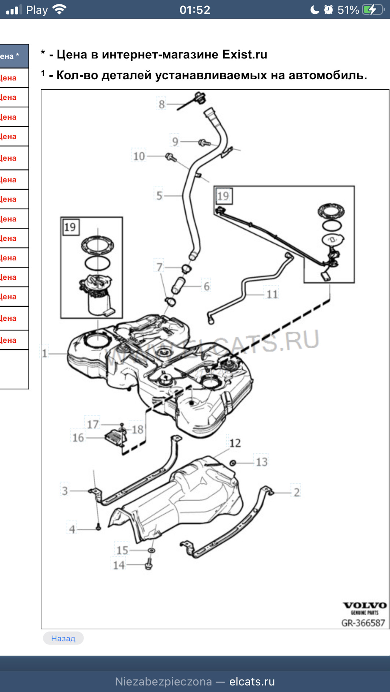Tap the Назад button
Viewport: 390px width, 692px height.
63,638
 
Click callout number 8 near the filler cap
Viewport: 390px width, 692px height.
161,104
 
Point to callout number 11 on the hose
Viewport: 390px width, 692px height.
272,294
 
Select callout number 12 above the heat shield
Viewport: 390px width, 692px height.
235,443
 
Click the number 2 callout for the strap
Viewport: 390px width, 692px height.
296,492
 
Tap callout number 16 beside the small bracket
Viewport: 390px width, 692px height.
78,438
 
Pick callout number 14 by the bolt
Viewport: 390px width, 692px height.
119,565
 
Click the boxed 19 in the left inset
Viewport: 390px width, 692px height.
70,227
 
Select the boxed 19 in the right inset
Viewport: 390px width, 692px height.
223,196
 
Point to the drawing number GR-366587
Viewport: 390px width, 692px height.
363,623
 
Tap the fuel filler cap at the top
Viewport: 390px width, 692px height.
199,98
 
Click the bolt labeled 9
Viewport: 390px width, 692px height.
204,143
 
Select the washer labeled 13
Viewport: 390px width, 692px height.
233,462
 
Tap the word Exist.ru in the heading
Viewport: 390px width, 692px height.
244,54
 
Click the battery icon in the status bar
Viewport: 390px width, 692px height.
373,10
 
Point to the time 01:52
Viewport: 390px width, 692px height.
195,10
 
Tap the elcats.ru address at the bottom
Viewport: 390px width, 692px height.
252,682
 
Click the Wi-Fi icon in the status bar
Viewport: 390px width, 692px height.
59,9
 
